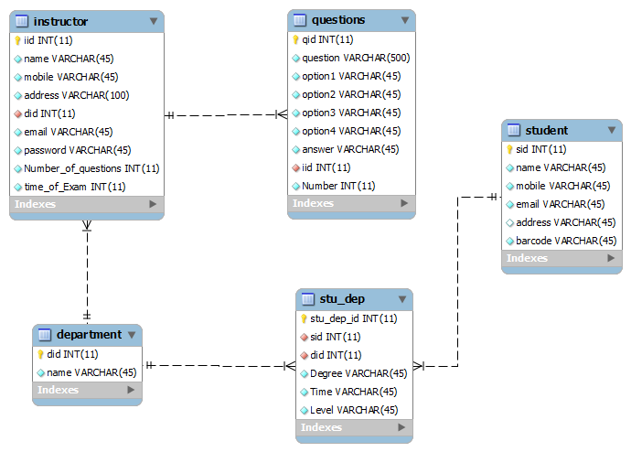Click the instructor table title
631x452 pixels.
(x=60, y=21)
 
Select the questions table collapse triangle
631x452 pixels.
(x=405, y=20)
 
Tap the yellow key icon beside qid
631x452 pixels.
(x=295, y=39)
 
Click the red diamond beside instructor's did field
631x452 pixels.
(x=17, y=113)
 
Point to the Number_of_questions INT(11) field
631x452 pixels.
(x=91, y=168)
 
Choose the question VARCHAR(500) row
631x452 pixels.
(x=356, y=58)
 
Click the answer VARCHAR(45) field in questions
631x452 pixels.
(x=350, y=149)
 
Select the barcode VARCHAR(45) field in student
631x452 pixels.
(x=566, y=241)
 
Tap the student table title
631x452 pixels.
(x=547, y=131)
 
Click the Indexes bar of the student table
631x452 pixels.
(x=561, y=258)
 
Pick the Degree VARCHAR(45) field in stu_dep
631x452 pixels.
(x=358, y=373)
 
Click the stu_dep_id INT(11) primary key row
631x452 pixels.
(x=353, y=318)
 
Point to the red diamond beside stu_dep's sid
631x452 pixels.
(x=305, y=338)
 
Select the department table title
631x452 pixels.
(x=89, y=335)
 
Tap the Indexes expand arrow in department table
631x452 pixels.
(x=131, y=390)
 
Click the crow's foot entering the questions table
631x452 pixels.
(x=282, y=114)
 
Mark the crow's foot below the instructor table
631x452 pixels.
(x=87, y=226)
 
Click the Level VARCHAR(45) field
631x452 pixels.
(x=354, y=410)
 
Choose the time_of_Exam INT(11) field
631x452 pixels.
(x=75, y=187)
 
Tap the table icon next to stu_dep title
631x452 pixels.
(x=308, y=299)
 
